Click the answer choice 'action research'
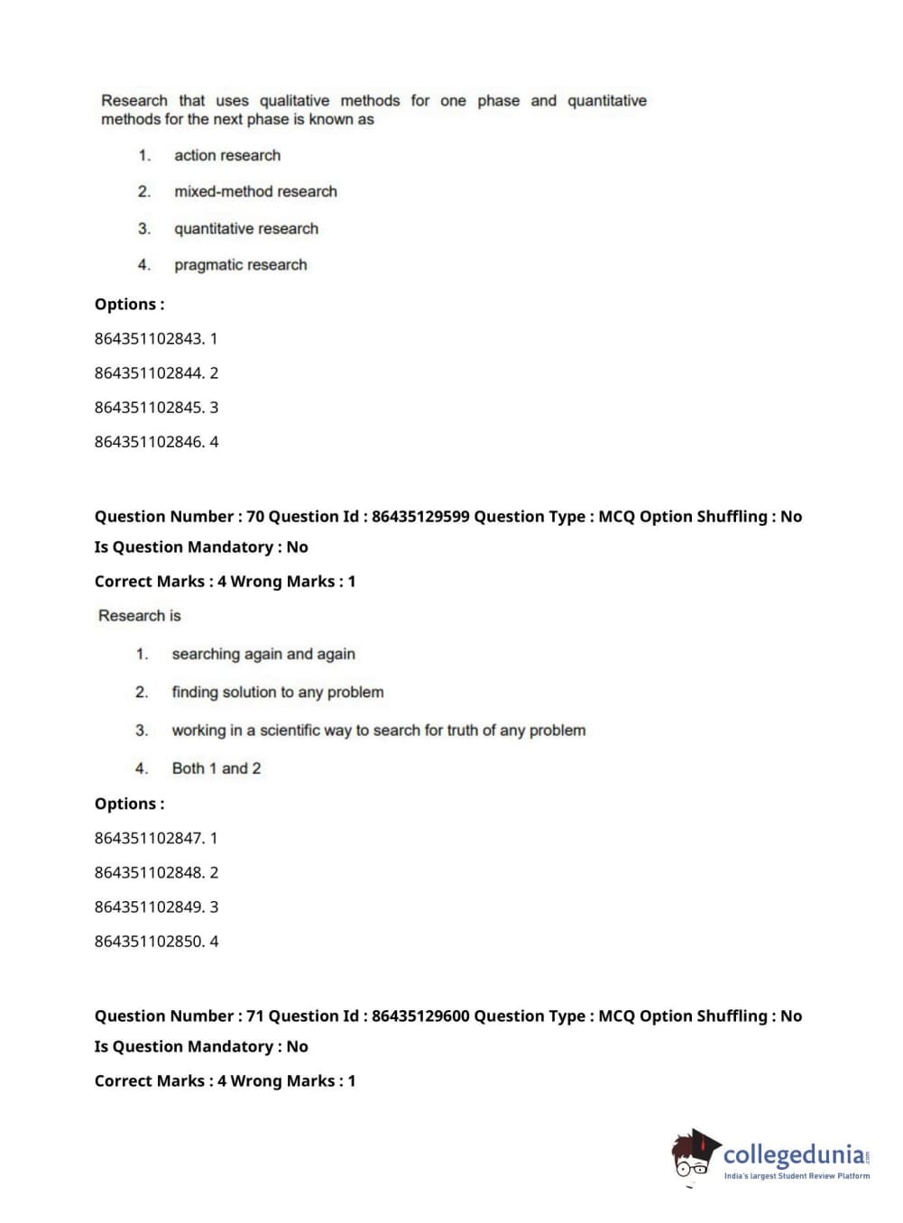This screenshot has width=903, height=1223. click(226, 155)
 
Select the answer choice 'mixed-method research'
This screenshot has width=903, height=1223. click(255, 191)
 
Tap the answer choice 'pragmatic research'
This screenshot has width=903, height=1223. click(240, 264)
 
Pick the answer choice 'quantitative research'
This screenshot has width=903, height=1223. click(246, 228)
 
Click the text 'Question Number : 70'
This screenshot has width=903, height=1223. click(179, 517)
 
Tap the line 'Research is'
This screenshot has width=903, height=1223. click(140, 615)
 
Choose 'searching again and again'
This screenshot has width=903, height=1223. click(263, 654)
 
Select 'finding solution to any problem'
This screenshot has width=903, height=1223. click(278, 692)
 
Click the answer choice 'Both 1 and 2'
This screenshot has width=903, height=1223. click(217, 768)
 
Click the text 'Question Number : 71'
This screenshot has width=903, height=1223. click(179, 1016)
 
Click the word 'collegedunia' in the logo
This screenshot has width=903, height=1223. click(793, 1154)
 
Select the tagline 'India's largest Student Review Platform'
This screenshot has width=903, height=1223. click(797, 1176)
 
